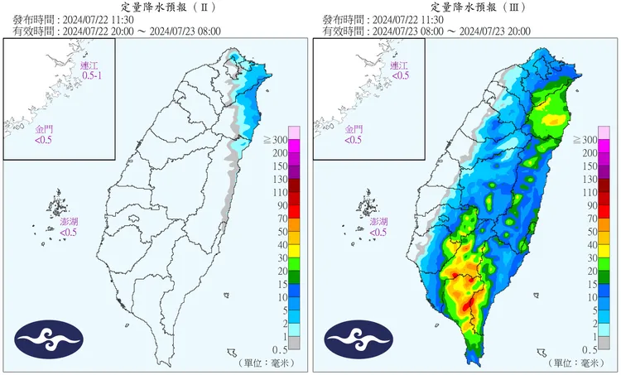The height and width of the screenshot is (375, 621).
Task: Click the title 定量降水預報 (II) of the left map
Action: (x=155, y=7)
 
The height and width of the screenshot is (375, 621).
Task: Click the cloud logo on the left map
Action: (x=50, y=338)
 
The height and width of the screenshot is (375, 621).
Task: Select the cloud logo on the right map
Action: (x=359, y=338)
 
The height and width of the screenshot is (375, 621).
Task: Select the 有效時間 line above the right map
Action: (x=422, y=31)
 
